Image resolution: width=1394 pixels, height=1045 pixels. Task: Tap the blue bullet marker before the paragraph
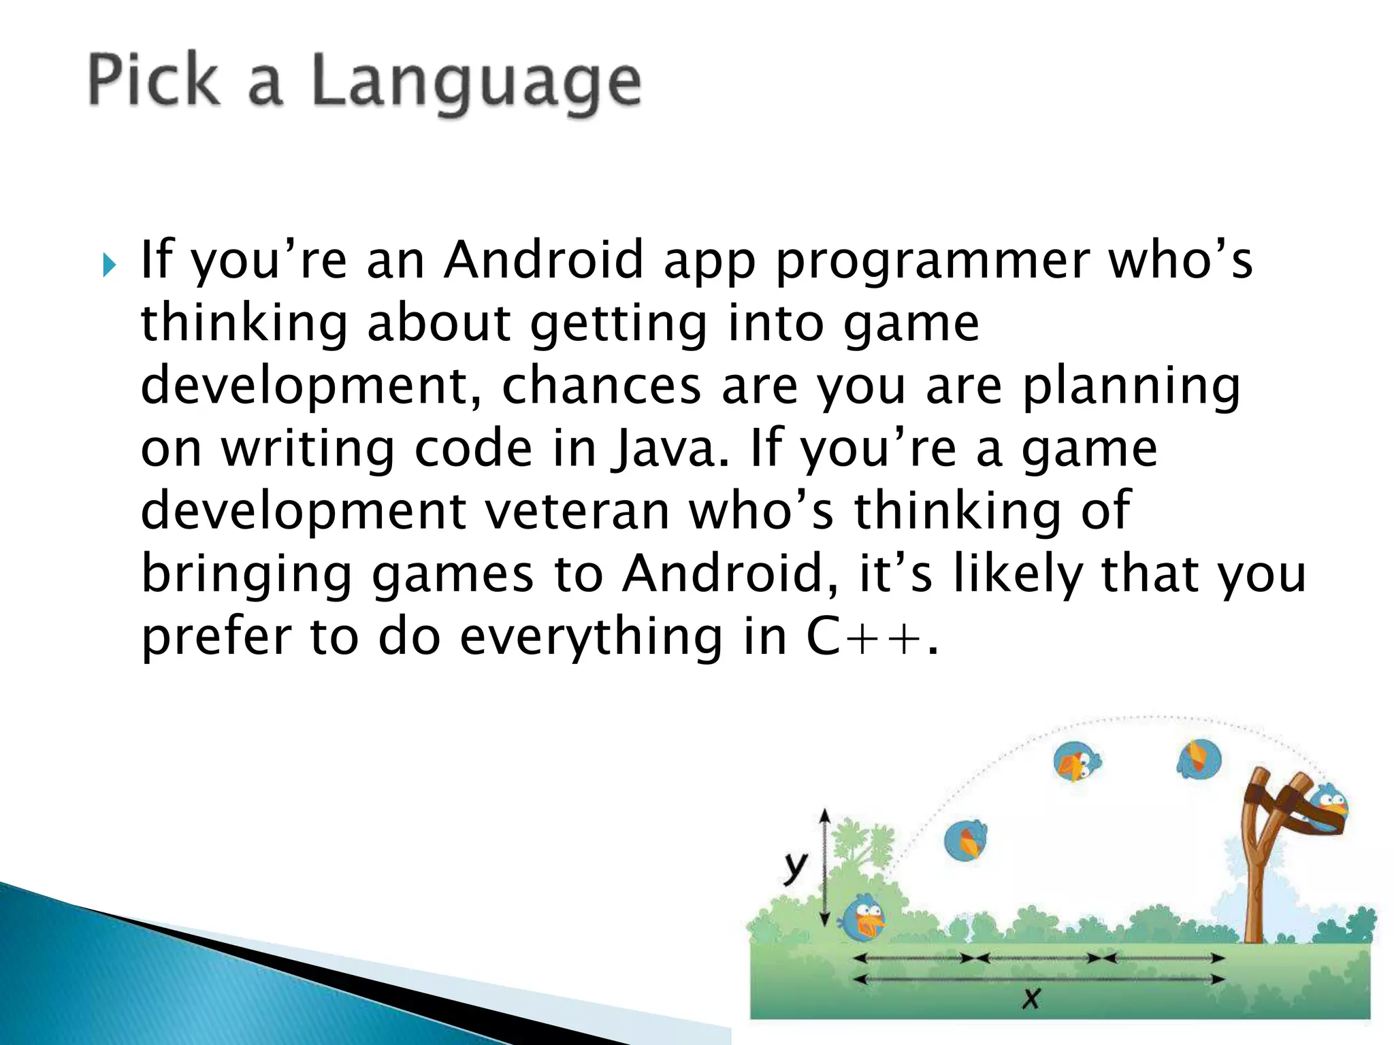pyautogui.click(x=109, y=265)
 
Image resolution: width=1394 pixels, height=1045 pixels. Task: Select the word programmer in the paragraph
pyautogui.click(x=933, y=263)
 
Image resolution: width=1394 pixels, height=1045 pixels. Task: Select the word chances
pyautogui.click(x=601, y=386)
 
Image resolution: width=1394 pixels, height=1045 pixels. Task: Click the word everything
pyautogui.click(x=590, y=638)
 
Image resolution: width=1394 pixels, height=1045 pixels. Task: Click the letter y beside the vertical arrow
pyautogui.click(x=794, y=867)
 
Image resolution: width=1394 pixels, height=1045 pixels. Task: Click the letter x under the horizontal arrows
pyautogui.click(x=1031, y=999)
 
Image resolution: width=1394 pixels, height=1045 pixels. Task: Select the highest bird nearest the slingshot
pyautogui.click(x=1199, y=759)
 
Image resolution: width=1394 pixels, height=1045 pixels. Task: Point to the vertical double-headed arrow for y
pyautogui.click(x=824, y=867)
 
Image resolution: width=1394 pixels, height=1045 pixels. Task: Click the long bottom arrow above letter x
pyautogui.click(x=1038, y=979)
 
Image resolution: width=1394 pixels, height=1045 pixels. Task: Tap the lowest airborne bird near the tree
pyautogui.click(x=965, y=841)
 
